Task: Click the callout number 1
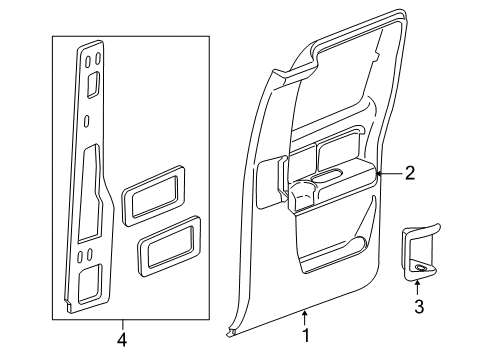pos(306,335)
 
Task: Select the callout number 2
pos(410,173)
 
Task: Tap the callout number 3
pos(419,307)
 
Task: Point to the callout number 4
pos(122,340)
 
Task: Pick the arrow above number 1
pos(304,318)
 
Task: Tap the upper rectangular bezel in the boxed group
pos(153,196)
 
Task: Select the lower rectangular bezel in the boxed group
pos(169,246)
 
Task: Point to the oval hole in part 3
pos(421,267)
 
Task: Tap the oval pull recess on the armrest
pos(327,175)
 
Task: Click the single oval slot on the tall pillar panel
pos(87,121)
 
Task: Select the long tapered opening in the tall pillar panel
pos(89,193)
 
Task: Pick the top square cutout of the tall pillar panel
pos(93,85)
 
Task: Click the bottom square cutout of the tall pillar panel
pos(89,284)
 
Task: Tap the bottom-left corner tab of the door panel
pos(231,333)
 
